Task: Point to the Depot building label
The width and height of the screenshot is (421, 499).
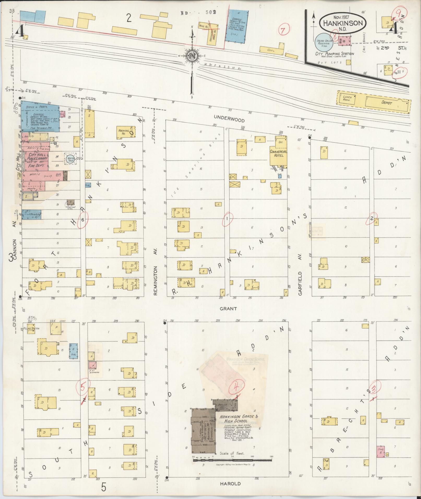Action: tap(387, 103)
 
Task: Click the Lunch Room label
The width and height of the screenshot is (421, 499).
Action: tap(347, 99)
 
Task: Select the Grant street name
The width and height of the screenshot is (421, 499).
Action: tap(228, 309)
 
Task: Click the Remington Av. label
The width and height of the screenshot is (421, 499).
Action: tap(155, 280)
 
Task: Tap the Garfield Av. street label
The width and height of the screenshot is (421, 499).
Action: tap(300, 283)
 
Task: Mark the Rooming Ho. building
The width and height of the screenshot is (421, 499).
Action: tap(126, 132)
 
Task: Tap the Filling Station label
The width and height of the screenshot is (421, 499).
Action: tap(31, 328)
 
